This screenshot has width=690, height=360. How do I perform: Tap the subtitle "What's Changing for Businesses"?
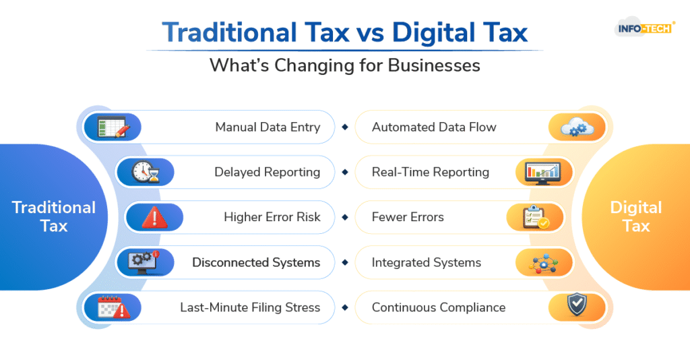coord(344,65)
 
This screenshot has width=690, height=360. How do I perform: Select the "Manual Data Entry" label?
coord(268,127)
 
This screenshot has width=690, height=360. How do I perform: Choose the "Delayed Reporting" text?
coord(267,172)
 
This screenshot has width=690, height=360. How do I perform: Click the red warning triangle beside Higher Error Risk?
coord(154,217)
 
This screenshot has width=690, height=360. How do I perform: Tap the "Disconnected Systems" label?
coord(256,262)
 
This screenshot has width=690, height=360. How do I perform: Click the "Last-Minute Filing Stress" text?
coord(250,307)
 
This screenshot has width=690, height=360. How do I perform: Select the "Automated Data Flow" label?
coord(434,127)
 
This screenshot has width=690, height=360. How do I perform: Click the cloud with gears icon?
coord(577,127)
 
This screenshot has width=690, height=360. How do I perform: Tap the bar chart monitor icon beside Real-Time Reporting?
coord(545,172)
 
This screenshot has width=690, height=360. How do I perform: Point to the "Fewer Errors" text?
coord(408,217)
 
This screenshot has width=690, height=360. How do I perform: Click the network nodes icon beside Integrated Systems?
coord(544,262)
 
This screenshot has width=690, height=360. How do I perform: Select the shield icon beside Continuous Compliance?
coord(577,307)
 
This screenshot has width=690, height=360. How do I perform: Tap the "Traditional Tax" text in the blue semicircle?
coord(54,216)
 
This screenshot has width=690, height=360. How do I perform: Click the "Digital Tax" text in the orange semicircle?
coord(636,216)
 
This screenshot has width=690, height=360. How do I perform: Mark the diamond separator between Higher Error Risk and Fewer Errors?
coord(344,217)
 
